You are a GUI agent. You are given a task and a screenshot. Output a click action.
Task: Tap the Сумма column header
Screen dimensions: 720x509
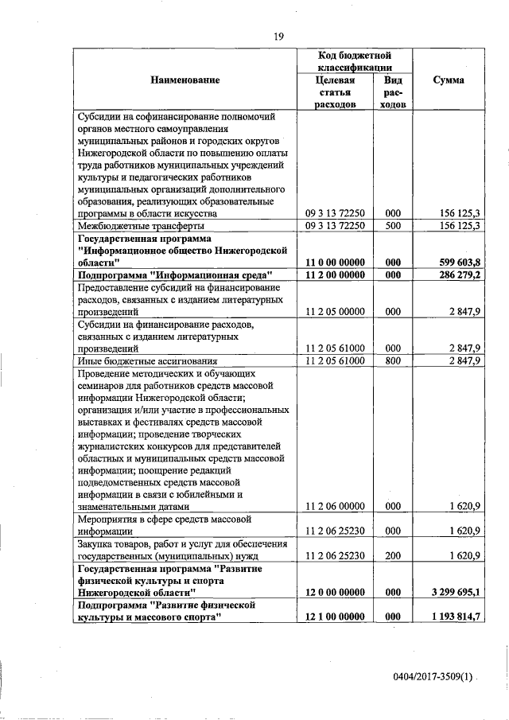tap(449, 80)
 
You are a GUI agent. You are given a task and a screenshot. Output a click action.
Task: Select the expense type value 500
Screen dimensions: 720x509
tap(391, 226)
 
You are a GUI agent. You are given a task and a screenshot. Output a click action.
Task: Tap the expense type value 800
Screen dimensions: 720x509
tap(391, 361)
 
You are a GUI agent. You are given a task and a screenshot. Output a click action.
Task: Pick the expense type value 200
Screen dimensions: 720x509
tap(391, 557)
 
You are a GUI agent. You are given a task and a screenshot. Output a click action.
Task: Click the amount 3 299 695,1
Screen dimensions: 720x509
tap(453, 594)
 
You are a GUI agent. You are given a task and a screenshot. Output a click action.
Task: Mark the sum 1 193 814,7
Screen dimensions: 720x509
tap(453, 618)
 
